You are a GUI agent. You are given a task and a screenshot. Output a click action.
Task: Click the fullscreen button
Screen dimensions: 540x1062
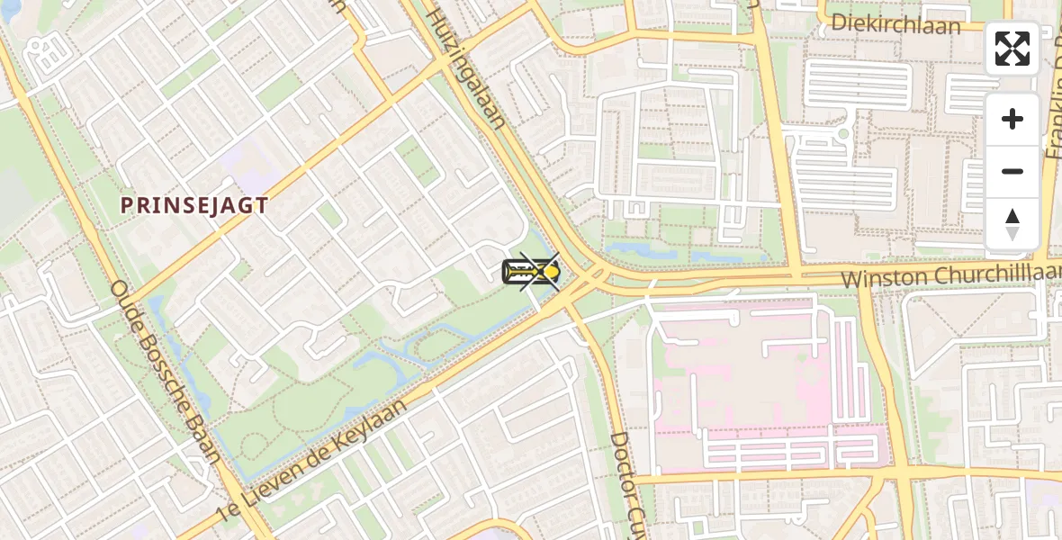click(1012, 49)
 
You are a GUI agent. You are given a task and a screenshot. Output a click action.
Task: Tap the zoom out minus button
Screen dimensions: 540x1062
click(1012, 171)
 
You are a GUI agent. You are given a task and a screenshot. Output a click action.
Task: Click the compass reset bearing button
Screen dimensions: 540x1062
click(1012, 224)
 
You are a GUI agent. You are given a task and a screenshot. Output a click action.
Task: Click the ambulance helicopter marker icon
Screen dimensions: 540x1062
click(531, 270)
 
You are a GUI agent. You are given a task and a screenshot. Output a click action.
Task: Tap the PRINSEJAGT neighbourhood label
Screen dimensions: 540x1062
click(194, 205)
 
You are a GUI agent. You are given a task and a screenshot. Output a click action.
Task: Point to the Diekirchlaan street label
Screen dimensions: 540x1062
click(895, 23)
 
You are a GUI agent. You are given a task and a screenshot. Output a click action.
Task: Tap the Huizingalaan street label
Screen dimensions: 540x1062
click(464, 70)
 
